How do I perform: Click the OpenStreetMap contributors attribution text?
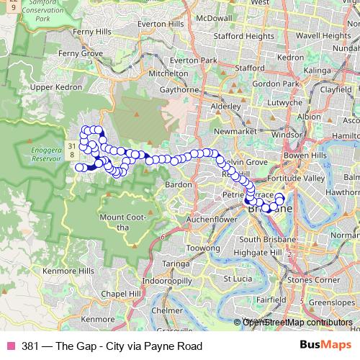click(x=296, y=323)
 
